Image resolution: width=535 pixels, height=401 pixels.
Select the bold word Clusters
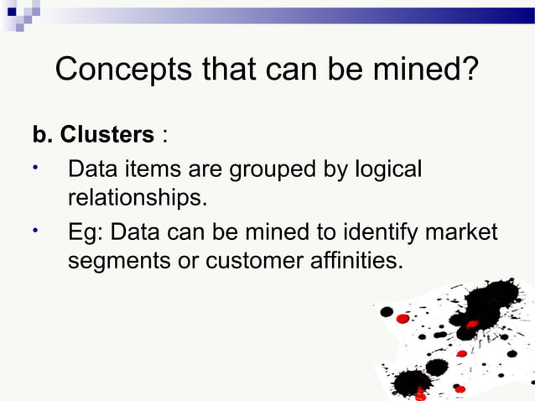(107, 135)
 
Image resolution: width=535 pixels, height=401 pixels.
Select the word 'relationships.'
(136, 200)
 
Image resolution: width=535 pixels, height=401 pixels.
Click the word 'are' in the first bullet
(204, 170)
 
